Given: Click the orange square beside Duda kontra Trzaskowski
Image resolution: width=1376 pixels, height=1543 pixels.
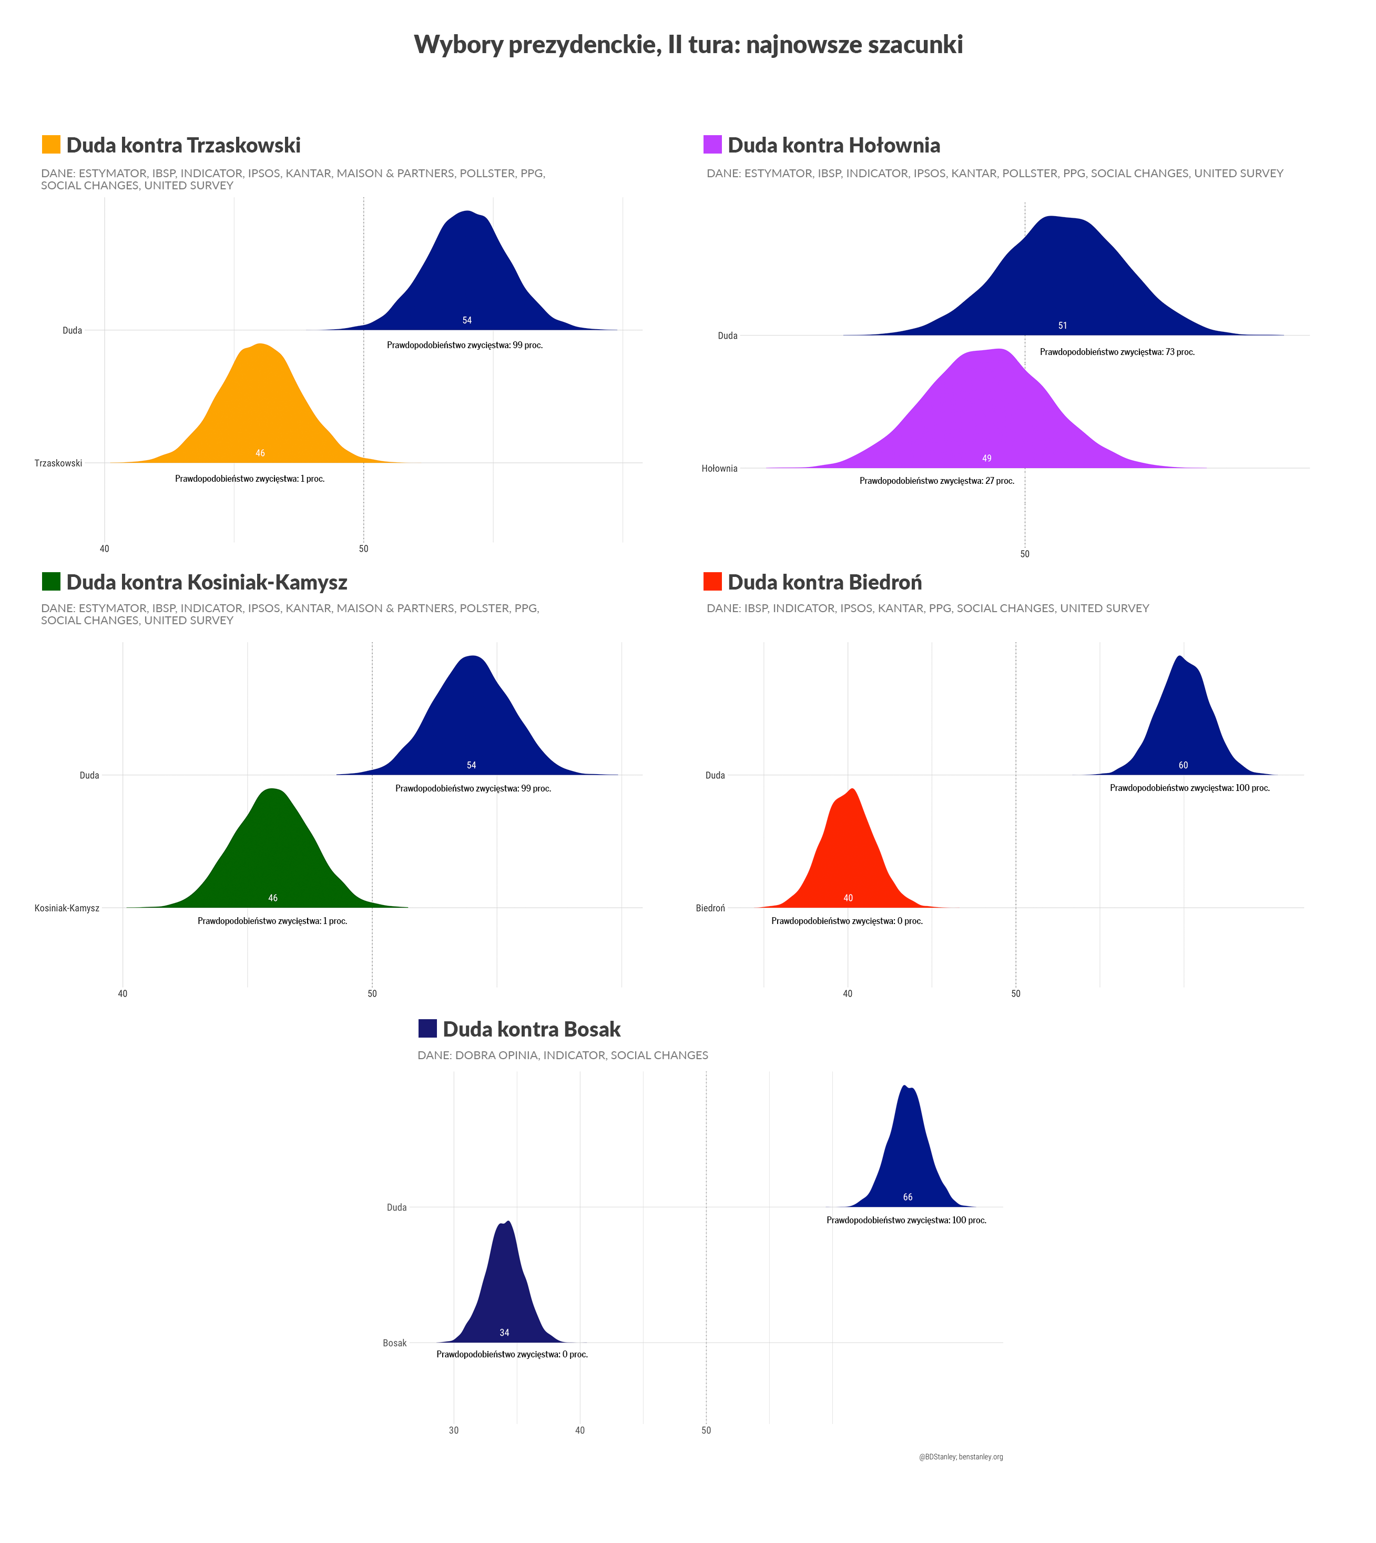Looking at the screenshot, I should coord(50,145).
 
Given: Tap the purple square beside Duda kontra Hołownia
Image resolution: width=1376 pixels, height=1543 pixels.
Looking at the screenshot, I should coord(712,145).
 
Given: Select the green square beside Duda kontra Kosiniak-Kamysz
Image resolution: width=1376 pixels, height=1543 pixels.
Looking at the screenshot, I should coord(50,581).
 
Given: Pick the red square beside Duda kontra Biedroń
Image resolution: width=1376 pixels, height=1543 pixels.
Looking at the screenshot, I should coord(712,581).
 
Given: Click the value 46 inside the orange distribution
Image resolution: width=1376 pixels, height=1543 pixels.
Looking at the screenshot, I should coord(260,454).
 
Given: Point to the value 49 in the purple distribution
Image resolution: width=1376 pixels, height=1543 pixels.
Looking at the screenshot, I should coord(986,458).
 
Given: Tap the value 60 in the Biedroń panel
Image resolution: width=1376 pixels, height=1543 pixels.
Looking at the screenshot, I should coord(1183,765).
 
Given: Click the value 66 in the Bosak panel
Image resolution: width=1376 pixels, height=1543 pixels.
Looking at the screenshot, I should coord(907,1197).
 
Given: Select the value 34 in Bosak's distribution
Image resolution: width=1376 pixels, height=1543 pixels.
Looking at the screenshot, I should coord(504,1332).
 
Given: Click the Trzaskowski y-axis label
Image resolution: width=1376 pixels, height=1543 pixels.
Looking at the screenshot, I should coord(58,463).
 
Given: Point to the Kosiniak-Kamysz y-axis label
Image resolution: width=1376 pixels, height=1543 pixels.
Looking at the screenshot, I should coord(67,908).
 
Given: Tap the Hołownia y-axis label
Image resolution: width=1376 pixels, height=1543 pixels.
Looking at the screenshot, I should coord(719,469).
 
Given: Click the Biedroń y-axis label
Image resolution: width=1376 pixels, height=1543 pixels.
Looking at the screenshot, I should coord(710,908).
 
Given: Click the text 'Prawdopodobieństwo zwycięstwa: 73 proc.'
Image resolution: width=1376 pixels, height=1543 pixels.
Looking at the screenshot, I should coord(1117,352).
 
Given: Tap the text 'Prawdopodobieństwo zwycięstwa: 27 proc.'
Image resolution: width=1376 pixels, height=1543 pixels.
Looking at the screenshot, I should coord(937,481).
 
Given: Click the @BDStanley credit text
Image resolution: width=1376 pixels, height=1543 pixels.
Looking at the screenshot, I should coord(960,1457).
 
